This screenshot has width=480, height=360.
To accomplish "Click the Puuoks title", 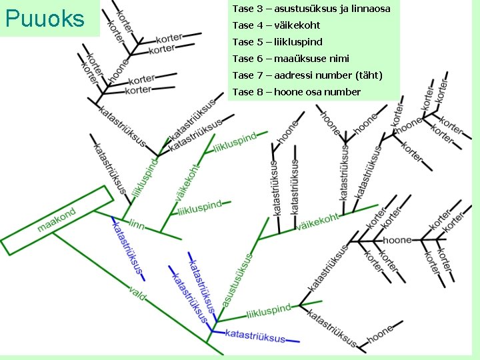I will [45, 19].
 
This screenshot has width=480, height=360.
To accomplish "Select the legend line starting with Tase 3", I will [311, 9].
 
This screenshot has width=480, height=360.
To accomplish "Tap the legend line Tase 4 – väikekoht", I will [276, 25].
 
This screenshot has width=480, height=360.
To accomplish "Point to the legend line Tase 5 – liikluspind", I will [277, 42].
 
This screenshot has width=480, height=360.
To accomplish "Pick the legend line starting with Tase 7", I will [307, 75].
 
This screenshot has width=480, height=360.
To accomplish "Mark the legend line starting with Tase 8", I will [296, 92].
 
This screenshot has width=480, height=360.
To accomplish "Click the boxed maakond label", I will [57, 219].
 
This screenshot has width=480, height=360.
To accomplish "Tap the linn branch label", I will [136, 224].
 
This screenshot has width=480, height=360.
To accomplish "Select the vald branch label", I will [138, 292].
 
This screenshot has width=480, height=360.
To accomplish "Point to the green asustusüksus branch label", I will [237, 280].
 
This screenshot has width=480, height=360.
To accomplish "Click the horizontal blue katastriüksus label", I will [255, 335].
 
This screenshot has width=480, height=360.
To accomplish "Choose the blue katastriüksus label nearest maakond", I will [127, 246].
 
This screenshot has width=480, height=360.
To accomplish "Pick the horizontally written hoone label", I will [397, 239].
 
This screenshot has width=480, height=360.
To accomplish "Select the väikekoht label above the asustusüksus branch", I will [318, 221].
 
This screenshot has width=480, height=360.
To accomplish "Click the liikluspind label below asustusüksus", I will [269, 311].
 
